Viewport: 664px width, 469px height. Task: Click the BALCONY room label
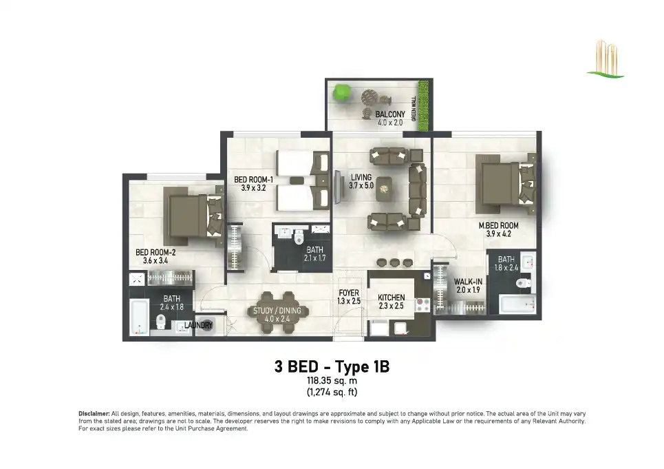point(390,114)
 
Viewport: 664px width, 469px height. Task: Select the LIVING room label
point(361,178)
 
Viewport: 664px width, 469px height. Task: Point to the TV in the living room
point(339,187)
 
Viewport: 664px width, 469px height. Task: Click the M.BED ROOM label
point(498,226)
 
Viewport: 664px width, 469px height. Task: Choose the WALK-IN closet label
point(468,282)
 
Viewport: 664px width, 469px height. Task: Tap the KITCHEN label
point(392,298)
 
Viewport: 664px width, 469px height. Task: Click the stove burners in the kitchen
point(423,305)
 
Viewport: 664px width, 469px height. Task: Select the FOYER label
point(349,293)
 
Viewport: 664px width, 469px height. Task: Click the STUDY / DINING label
point(277,311)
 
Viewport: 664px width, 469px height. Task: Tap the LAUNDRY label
point(198,325)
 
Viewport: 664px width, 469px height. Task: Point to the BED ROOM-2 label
point(156,253)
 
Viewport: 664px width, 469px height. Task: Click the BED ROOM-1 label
point(254,180)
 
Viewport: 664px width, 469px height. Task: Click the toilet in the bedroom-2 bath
point(160,322)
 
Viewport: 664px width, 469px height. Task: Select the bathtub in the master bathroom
point(517,304)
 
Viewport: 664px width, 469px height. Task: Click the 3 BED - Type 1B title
point(332,366)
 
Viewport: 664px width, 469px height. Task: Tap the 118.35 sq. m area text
point(332,381)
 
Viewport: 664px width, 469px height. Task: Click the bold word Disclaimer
point(94,413)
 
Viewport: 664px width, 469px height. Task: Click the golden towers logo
point(606,59)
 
